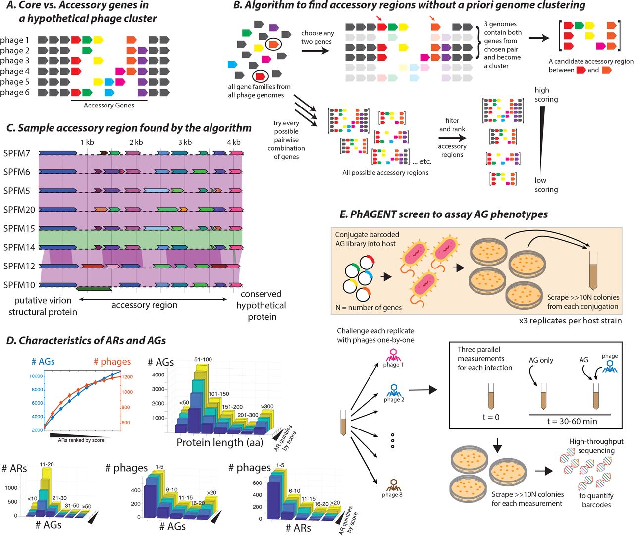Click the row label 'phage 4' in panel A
tap(15, 71)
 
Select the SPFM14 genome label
tap(19, 247)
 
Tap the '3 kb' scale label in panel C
tap(185, 142)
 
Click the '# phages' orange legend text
tap(112, 362)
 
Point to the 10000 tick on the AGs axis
tap(36, 376)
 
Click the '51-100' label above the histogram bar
tap(203, 359)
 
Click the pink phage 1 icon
tap(393, 354)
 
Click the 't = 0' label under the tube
tap(491, 417)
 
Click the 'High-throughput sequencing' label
tap(596, 446)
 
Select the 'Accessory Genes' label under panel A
tap(109, 105)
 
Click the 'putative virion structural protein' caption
tap(43, 306)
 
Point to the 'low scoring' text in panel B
tap(546, 185)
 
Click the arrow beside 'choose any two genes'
tap(316, 50)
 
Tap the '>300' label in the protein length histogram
tap(267, 406)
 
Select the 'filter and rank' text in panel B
tap(452, 125)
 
